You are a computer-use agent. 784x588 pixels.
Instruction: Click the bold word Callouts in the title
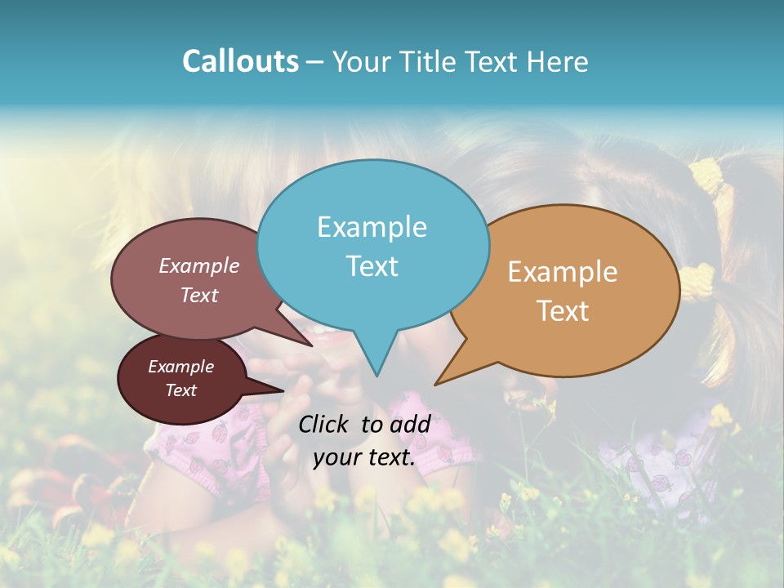click(240, 61)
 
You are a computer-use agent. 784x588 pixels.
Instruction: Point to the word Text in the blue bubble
click(372, 265)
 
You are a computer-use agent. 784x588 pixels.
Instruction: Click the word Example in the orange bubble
click(563, 271)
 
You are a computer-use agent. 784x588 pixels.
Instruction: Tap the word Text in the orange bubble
click(563, 310)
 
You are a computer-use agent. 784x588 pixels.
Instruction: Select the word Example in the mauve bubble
click(199, 265)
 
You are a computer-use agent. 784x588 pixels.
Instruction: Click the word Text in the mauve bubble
click(199, 295)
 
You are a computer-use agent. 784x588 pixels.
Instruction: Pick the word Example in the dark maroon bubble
click(180, 367)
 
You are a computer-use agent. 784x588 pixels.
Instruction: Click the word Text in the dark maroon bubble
click(180, 390)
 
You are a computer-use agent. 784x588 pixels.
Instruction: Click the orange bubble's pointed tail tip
click(436, 384)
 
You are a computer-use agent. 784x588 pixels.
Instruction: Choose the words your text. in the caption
click(364, 458)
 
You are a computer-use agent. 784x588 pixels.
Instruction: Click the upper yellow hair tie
click(707, 176)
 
